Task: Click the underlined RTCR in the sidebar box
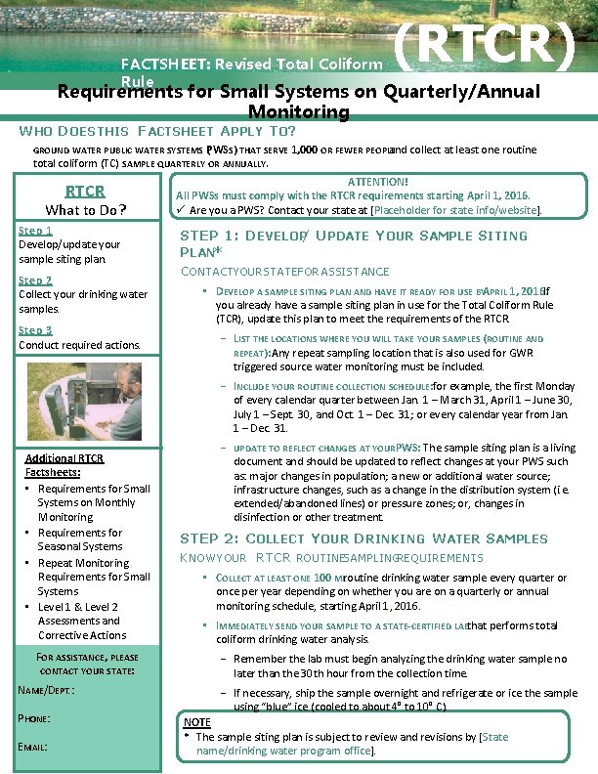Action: point(85,191)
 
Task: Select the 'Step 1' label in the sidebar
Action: point(35,231)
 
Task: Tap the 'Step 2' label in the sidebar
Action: point(35,280)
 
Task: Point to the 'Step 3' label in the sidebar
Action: point(35,330)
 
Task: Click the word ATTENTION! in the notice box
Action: point(378,182)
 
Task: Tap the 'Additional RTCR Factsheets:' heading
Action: point(64,465)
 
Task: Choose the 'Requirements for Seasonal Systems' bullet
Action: point(80,539)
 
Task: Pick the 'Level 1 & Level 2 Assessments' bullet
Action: point(80,614)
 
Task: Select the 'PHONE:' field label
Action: point(34,718)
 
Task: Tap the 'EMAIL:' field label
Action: point(33,748)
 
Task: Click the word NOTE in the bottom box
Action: point(196,723)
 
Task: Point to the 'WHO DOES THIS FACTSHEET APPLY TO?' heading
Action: point(157,130)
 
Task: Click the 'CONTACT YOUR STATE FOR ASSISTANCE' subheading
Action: point(283,271)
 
